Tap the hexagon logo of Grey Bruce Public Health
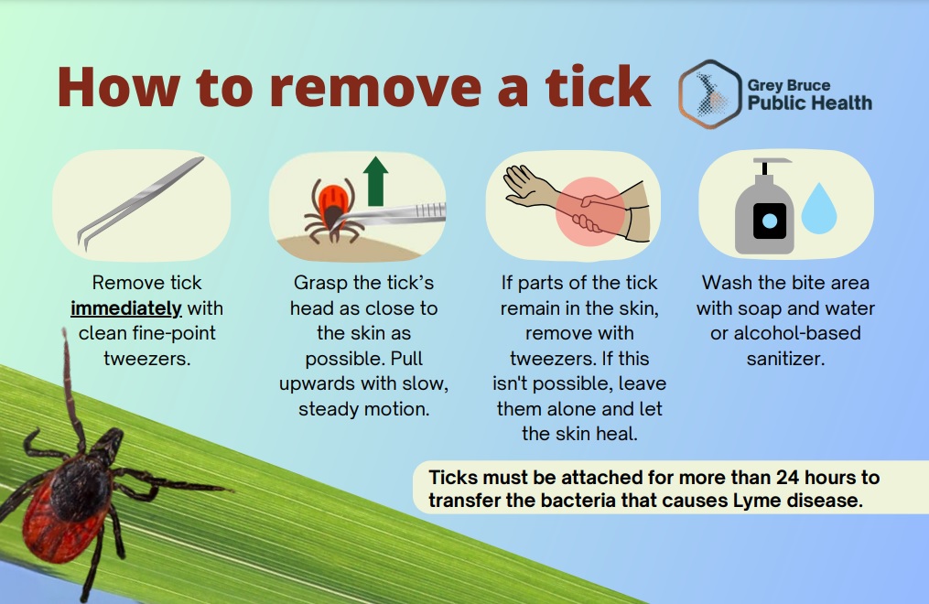[709, 94]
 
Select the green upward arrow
[375, 180]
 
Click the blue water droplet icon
[819, 208]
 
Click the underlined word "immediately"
[125, 308]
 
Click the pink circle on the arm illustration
[590, 211]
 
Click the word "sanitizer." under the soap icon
[785, 359]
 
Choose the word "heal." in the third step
[617, 434]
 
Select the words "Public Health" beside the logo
[809, 103]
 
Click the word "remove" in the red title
[375, 89]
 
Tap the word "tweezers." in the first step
[147, 359]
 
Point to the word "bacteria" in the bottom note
[578, 501]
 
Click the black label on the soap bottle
[770, 221]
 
